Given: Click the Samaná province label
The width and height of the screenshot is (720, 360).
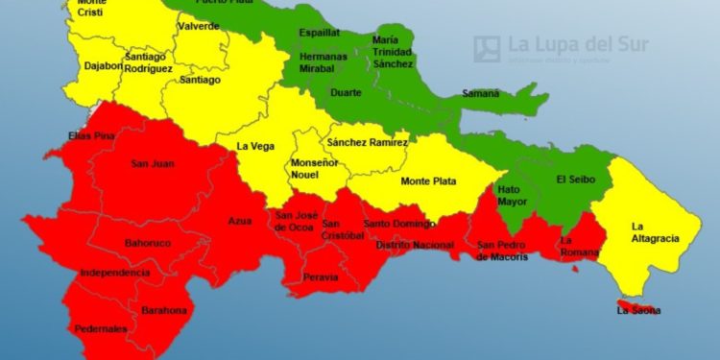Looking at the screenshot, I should [x=480, y=93].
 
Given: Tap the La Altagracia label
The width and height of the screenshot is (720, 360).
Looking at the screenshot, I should [x=656, y=231].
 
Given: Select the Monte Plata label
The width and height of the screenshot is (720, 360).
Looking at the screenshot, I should [x=428, y=181].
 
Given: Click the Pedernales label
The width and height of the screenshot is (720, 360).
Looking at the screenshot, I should [x=100, y=329].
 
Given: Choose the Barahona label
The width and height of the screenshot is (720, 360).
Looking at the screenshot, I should [x=164, y=311].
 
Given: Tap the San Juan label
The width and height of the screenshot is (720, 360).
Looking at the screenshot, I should [x=152, y=163].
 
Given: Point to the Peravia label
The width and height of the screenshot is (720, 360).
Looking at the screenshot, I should [x=320, y=277].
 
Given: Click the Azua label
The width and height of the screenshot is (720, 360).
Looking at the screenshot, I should [x=240, y=221].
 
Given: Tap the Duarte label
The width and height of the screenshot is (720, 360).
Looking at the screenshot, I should [x=346, y=93].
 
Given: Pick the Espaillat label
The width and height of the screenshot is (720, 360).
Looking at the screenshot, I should [x=319, y=32].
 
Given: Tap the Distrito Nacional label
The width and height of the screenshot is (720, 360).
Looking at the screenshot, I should [x=414, y=245].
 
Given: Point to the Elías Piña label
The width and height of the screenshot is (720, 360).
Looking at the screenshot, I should [x=91, y=136].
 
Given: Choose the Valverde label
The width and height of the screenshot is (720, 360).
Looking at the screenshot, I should [x=199, y=26].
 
